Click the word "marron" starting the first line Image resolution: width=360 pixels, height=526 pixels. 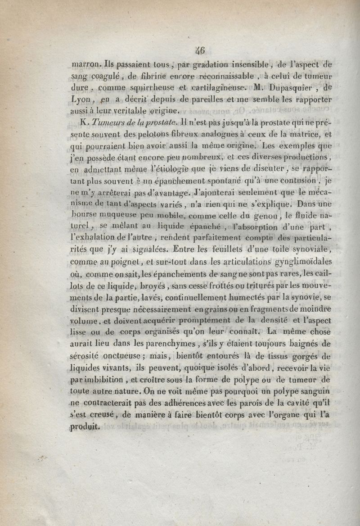point(85,64)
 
